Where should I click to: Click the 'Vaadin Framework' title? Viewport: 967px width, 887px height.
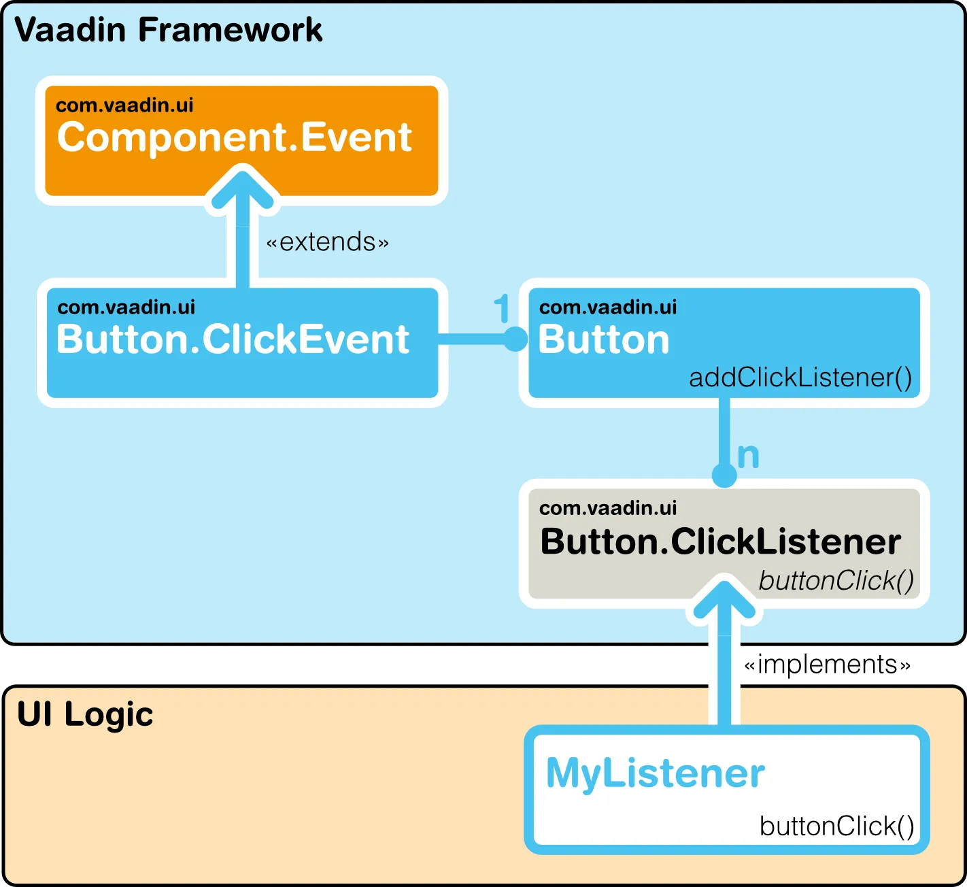[x=168, y=31]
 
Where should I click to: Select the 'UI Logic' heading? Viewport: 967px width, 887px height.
[x=85, y=715]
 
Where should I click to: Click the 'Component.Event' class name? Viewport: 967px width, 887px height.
[x=234, y=137]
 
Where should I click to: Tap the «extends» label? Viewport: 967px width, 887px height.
[x=327, y=242]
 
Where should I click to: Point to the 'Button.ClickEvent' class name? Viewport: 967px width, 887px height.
[x=233, y=339]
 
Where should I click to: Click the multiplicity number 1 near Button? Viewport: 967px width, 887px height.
[x=501, y=309]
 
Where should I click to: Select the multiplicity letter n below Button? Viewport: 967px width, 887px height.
[x=748, y=456]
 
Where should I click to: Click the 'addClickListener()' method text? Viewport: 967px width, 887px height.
[x=800, y=378]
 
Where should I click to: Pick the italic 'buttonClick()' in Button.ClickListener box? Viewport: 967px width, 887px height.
[x=836, y=581]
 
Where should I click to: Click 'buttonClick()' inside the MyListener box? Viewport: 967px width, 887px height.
[x=836, y=826]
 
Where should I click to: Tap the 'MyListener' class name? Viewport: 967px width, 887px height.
[x=655, y=773]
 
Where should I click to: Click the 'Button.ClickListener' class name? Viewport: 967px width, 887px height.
[x=720, y=542]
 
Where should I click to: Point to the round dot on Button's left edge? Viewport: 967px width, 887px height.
[x=515, y=339]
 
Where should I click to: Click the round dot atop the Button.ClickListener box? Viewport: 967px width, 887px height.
[x=724, y=475]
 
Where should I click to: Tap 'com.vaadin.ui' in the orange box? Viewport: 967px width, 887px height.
[x=124, y=105]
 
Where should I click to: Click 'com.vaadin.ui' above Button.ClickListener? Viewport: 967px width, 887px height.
[x=608, y=508]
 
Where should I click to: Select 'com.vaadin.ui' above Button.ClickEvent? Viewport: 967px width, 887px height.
[x=126, y=307]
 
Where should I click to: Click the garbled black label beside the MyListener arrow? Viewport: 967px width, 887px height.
[x=827, y=665]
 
